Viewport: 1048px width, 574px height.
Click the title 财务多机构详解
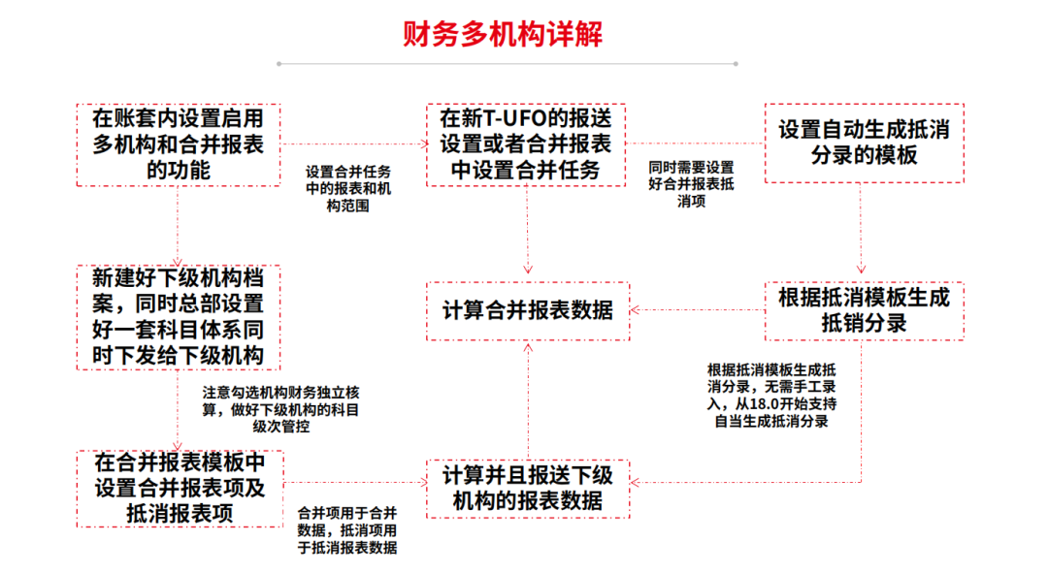503,33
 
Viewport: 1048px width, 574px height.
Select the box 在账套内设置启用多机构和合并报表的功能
179,144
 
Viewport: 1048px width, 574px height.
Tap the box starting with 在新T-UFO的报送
526,144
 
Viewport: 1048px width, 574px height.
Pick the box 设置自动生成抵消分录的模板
864,143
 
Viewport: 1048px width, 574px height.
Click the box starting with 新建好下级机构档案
179,316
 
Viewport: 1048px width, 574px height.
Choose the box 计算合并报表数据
527,310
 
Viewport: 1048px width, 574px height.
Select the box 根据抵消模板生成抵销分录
864,310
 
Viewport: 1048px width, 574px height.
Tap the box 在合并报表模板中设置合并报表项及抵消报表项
179,488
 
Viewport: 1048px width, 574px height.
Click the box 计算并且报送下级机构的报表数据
527,488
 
